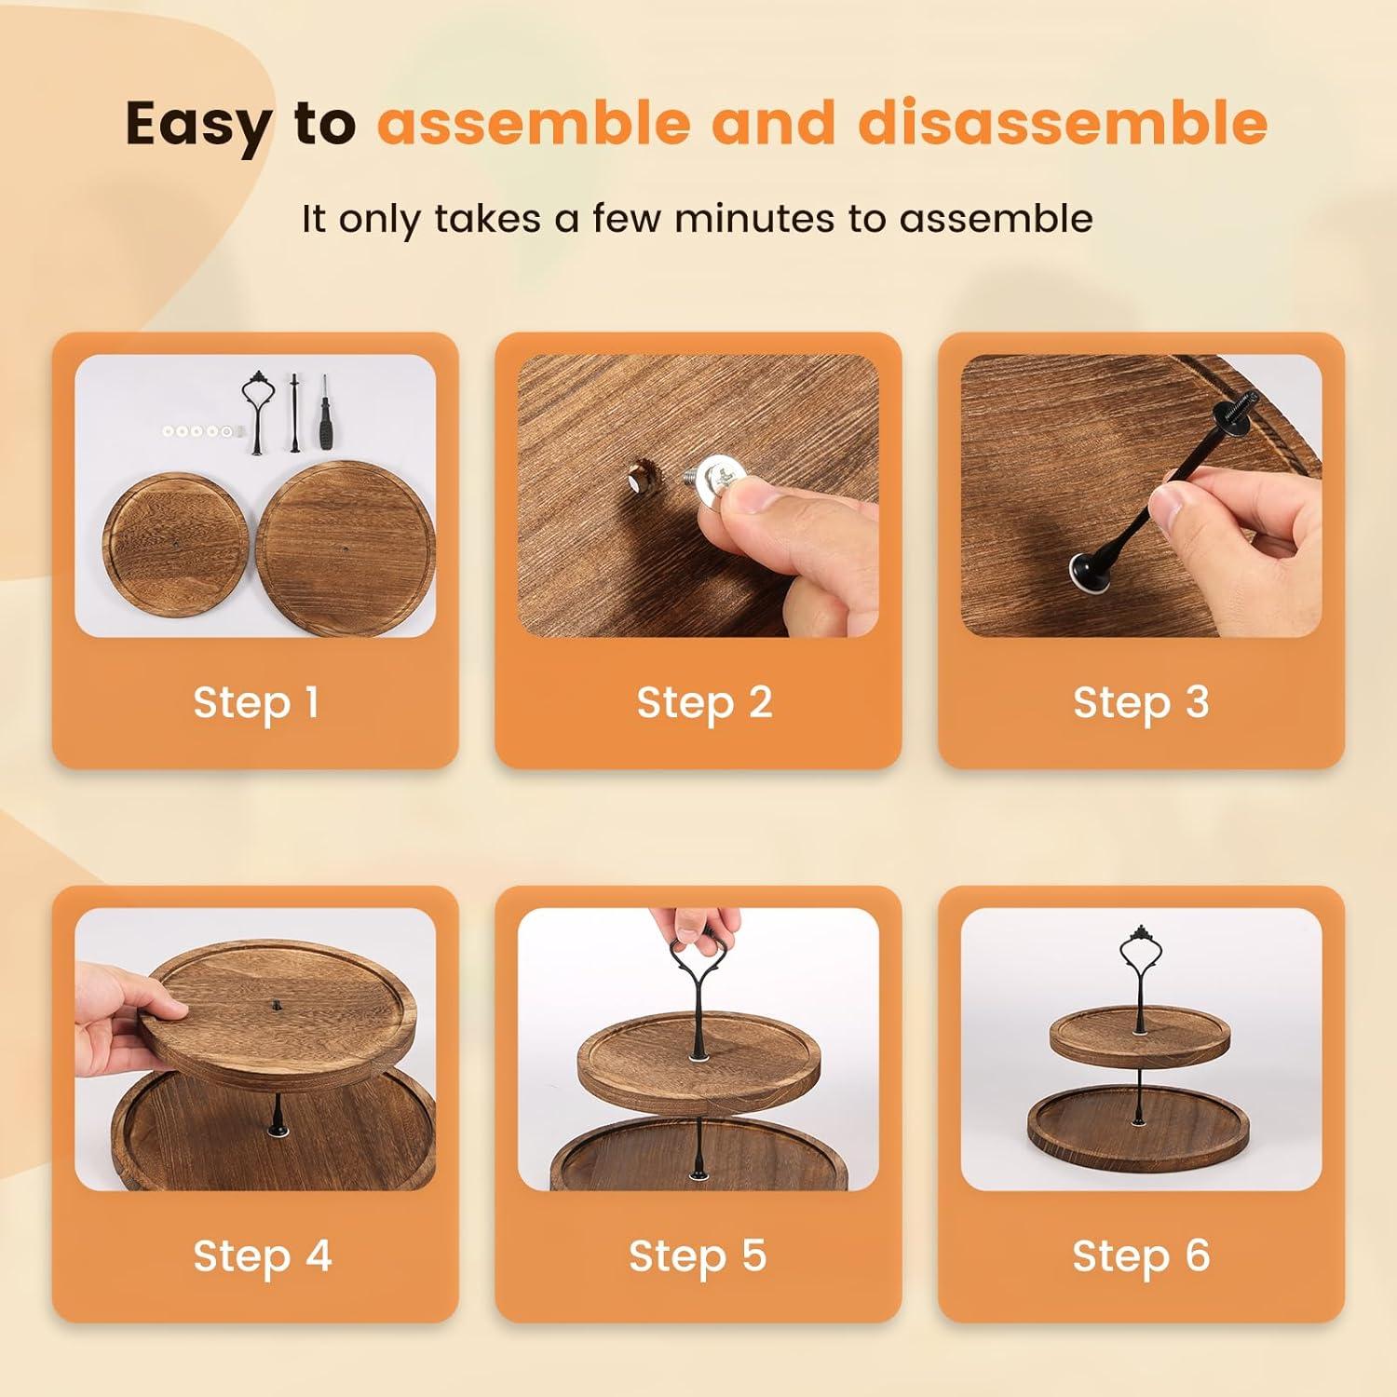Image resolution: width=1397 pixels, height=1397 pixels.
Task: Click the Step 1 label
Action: [256, 702]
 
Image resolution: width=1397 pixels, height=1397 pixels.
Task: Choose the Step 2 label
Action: [704, 702]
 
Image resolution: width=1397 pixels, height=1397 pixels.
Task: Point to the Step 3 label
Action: [1141, 702]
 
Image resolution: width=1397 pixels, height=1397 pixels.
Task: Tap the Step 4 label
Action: [262, 1255]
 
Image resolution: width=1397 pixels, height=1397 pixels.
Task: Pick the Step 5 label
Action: [698, 1255]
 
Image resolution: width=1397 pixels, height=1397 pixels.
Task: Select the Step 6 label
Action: [1141, 1255]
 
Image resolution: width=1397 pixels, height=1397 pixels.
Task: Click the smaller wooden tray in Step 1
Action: [175, 548]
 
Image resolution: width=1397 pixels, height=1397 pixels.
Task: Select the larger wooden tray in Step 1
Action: [346, 549]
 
